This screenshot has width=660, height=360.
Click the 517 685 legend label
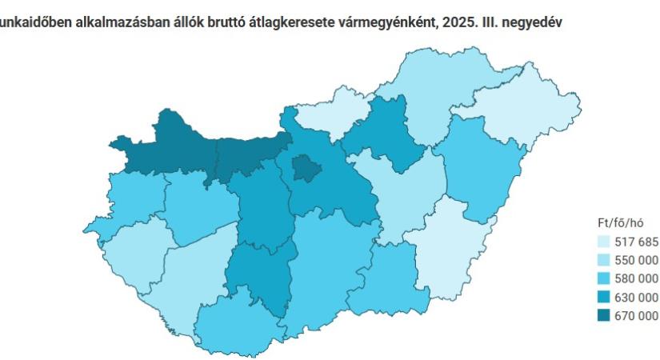click(637, 242)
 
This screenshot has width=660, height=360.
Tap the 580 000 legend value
click(637, 278)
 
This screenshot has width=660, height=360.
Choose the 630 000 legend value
click(637, 297)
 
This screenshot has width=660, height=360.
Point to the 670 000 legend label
click(637, 315)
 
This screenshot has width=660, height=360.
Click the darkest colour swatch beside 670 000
click(603, 315)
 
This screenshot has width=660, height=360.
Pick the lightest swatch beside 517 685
click(603, 242)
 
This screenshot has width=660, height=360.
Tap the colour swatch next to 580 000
click(603, 278)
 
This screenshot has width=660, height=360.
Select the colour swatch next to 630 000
click(603, 297)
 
